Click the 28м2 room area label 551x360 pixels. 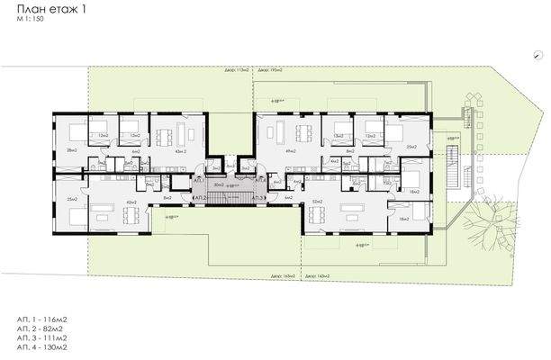pos(70,151)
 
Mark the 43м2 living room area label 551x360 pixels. pos(180,152)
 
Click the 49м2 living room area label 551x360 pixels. pos(290,152)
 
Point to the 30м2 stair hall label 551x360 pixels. pos(218,184)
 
